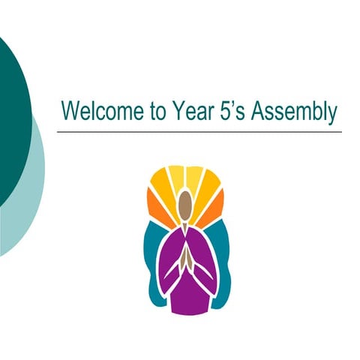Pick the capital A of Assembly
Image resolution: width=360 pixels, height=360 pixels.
[x=259, y=112]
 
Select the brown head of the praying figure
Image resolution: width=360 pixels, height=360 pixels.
[x=185, y=202]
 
